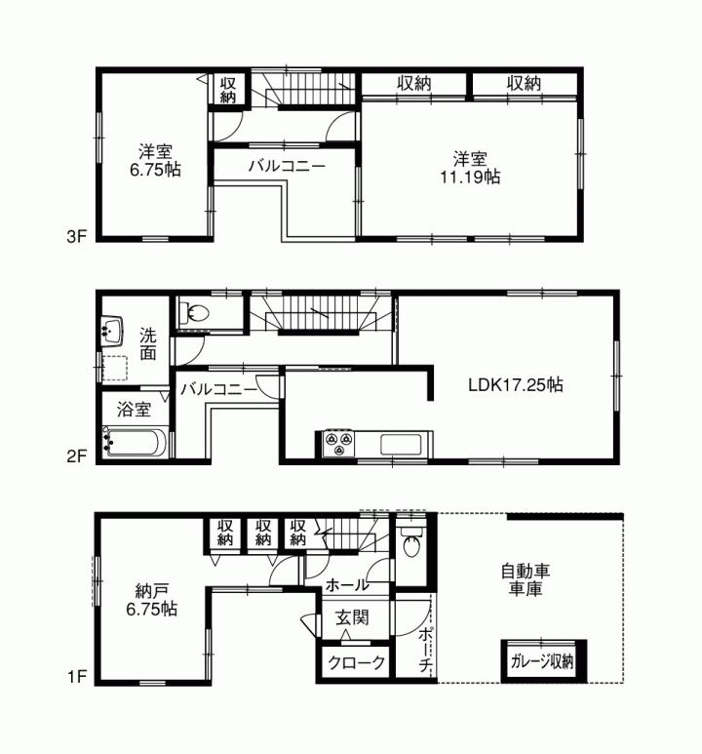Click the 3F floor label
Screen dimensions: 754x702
(78, 236)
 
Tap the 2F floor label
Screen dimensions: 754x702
(78, 455)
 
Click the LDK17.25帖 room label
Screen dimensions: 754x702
(516, 384)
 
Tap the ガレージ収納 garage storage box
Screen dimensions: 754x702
(542, 660)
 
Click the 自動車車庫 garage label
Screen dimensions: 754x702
(523, 580)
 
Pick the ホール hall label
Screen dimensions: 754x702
(347, 585)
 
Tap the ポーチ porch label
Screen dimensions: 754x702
(425, 649)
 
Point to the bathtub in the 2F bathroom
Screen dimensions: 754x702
(136, 444)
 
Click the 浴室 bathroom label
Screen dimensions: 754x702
(135, 409)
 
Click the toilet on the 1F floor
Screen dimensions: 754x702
(409, 545)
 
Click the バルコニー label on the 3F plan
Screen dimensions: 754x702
(287, 166)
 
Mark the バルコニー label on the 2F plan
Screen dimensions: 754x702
(218, 389)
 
